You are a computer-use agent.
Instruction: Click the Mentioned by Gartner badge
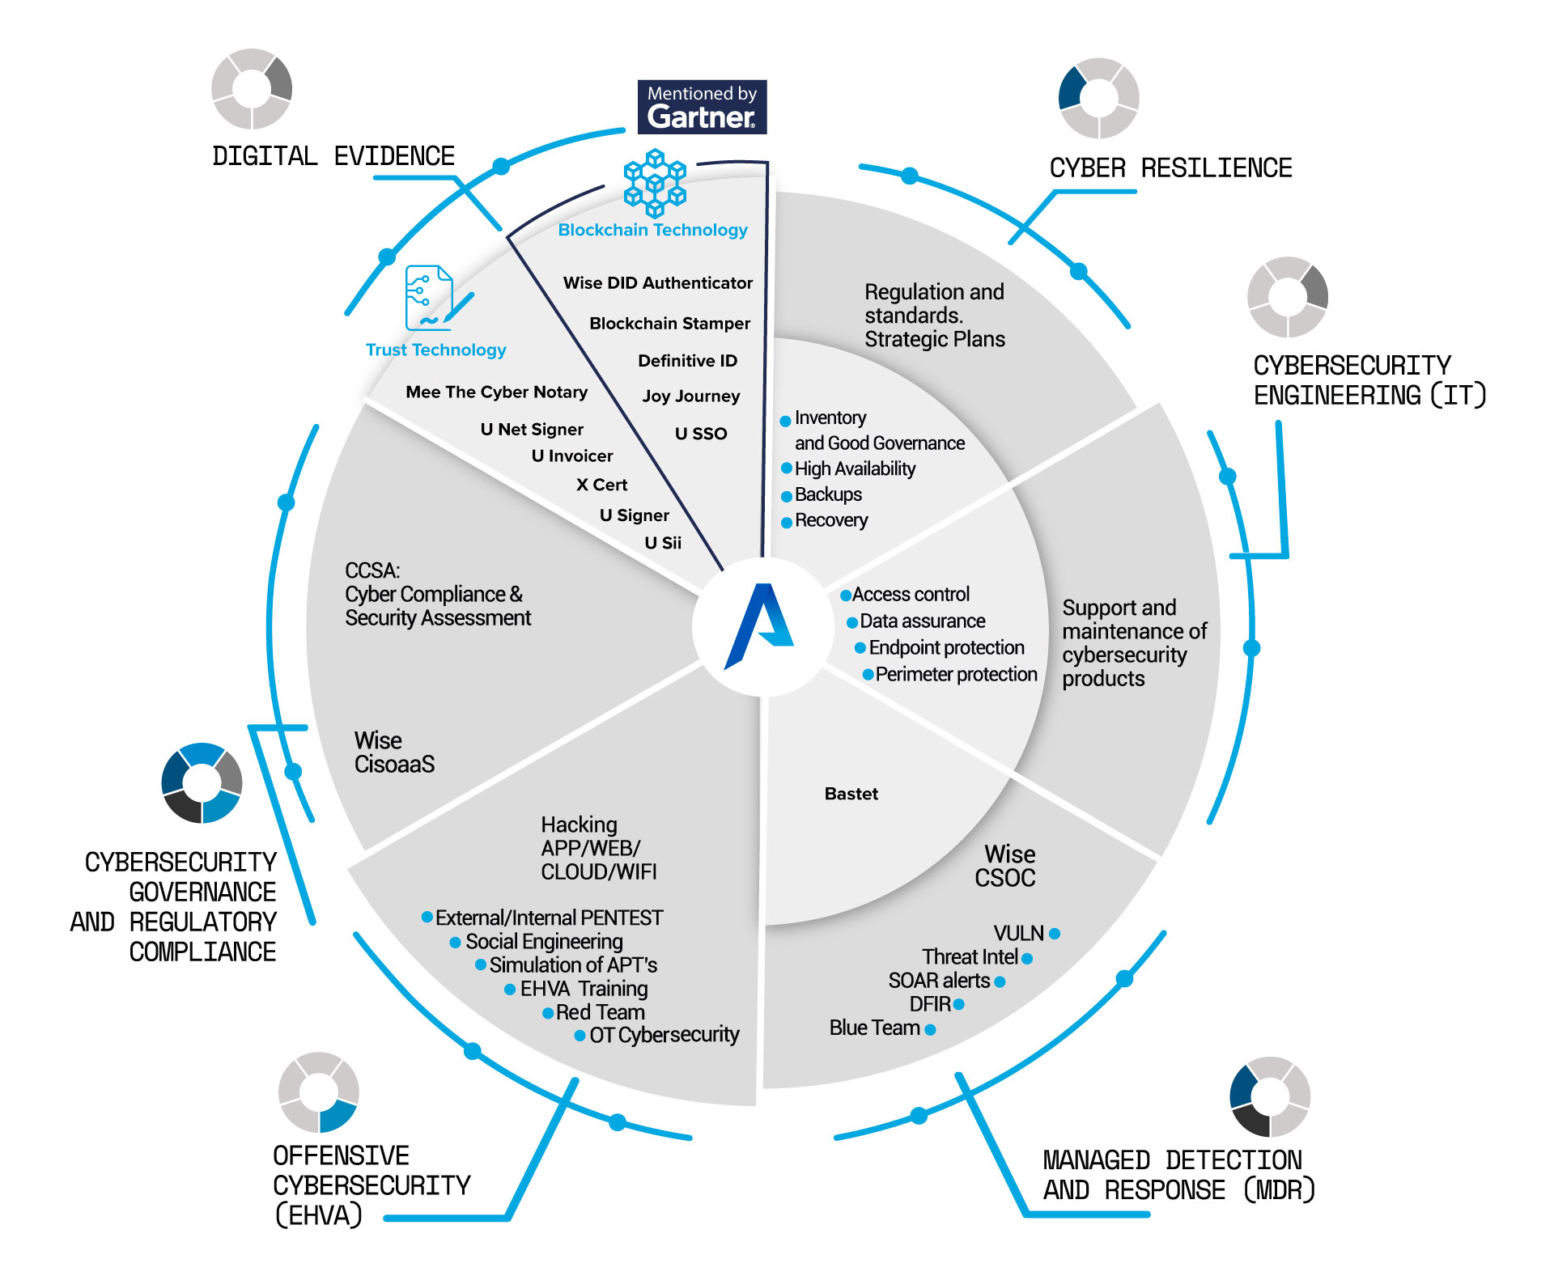[x=702, y=107]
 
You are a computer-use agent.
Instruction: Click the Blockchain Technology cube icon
[x=655, y=182]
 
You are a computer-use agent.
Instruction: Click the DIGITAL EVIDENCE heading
[x=333, y=156]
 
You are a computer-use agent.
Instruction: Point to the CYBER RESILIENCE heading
[x=1170, y=168]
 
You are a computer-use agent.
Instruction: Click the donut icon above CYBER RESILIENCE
[x=1098, y=98]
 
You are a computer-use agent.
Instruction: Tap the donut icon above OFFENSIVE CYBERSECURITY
[x=318, y=1092]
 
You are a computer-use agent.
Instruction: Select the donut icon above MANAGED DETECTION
[x=1269, y=1096]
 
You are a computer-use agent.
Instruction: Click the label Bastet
[x=851, y=794]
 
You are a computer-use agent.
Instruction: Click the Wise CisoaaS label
[x=394, y=752]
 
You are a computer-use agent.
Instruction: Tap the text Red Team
[x=600, y=1012]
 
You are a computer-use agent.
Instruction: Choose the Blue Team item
[x=874, y=1028]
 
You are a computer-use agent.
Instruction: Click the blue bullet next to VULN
[x=1055, y=934]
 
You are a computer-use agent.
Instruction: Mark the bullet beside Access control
[x=846, y=596]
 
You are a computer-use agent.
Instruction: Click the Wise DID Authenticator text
[x=657, y=283]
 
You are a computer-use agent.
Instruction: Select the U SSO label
[x=701, y=434]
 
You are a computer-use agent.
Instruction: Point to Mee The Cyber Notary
[x=496, y=392]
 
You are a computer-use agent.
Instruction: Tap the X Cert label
[x=601, y=485]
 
